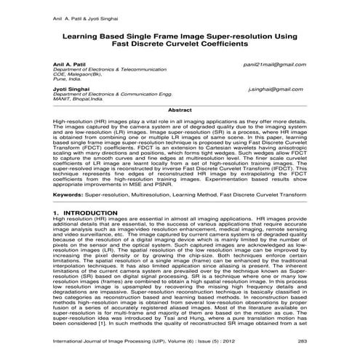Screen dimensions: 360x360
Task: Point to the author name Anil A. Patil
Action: click(x=70, y=64)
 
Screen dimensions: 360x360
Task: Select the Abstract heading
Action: click(x=180, y=109)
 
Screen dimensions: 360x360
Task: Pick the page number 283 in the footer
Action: click(x=301, y=340)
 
